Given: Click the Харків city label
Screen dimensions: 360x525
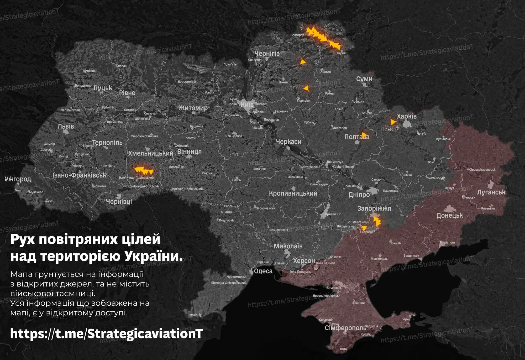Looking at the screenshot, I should (407, 116).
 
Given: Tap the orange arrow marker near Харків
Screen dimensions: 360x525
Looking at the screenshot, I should (393, 122).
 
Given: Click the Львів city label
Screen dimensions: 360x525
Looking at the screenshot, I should (66, 126).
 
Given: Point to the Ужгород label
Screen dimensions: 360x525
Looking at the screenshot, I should (18, 179).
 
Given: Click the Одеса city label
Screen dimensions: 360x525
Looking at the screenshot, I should (263, 271).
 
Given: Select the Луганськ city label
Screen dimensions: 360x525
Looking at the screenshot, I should (491, 192).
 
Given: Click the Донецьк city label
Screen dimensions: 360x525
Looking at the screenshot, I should (449, 216).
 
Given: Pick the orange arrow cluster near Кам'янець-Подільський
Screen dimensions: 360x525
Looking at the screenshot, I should (143, 171).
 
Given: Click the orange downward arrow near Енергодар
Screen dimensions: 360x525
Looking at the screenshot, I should (364, 228).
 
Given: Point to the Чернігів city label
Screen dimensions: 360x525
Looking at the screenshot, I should (267, 54).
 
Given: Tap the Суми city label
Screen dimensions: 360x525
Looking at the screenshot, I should (364, 79).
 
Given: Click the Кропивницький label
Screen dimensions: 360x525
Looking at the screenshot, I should (293, 194).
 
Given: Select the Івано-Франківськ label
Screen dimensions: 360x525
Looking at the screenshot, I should (79, 175).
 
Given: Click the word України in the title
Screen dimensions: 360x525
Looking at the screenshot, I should (153, 256).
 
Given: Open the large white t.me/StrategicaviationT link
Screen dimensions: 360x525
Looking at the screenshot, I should (106, 334).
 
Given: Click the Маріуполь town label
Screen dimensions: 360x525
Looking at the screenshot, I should (448, 242).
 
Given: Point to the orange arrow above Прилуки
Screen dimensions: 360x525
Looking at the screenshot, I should (306, 88).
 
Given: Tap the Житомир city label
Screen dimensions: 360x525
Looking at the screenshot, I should (193, 108).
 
